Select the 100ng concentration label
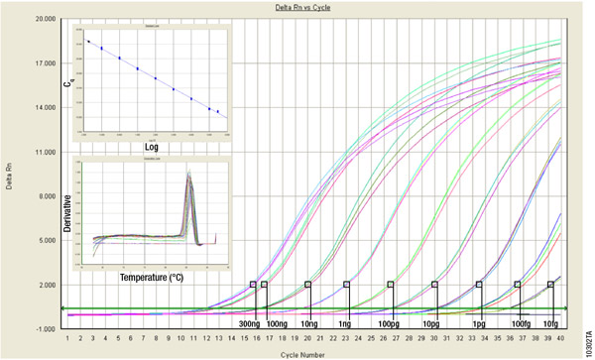pyautogui.click(x=279, y=323)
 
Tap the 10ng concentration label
pyautogui.click(x=309, y=323)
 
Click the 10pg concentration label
pyautogui.click(x=432, y=323)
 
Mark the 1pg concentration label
pyautogui.click(x=478, y=323)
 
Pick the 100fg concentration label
pyautogui.click(x=519, y=323)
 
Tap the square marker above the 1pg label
pyautogui.click(x=479, y=285)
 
